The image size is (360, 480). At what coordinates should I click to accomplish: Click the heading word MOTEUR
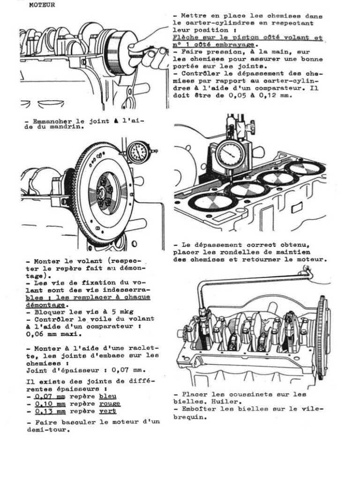42,5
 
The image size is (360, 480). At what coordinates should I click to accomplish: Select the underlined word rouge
110,404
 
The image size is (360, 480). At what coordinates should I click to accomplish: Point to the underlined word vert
107,412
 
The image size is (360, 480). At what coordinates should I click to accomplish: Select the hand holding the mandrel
150,47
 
